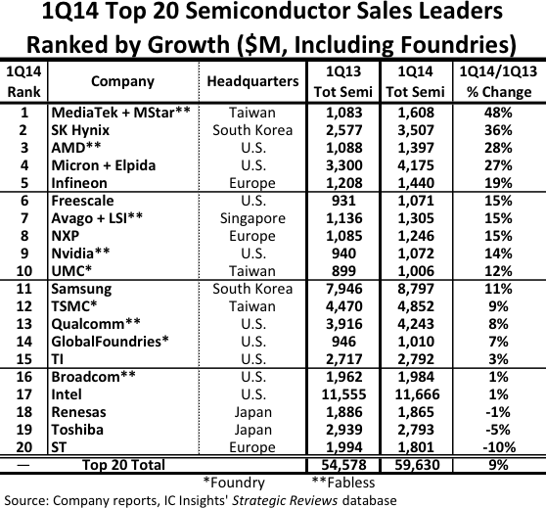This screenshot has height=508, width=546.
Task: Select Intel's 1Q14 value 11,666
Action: point(417,394)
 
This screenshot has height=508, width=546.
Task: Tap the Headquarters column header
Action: point(252,81)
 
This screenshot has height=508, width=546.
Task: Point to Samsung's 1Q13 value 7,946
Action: point(344,289)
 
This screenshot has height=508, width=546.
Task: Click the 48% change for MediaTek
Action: point(498,113)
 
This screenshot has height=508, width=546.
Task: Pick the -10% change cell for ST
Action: point(499,447)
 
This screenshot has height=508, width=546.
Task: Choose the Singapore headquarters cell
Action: point(252,218)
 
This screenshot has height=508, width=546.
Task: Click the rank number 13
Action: point(24,324)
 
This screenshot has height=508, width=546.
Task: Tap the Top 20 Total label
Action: point(123,465)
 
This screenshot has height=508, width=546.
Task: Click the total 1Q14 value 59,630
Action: point(417,465)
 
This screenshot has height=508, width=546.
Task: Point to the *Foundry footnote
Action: point(234,483)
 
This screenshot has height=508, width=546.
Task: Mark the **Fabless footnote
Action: point(343,483)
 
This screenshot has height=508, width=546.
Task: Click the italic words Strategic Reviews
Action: point(285,501)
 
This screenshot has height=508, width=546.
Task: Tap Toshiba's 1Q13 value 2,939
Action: point(344,430)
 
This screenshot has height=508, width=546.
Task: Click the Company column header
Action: point(122,81)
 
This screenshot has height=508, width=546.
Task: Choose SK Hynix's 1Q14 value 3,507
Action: point(416,130)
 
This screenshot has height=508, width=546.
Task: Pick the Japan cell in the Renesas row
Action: point(252,412)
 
